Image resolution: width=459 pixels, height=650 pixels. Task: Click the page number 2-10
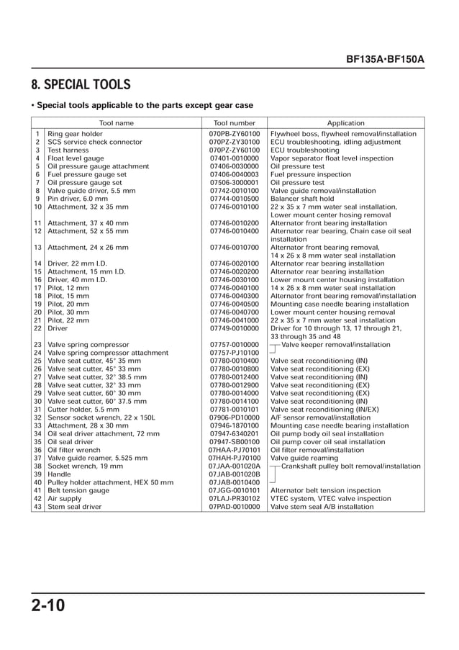click(x=49, y=605)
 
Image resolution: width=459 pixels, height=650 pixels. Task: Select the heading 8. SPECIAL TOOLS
click(x=81, y=85)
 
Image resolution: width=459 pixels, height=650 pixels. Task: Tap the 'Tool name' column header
click(x=117, y=123)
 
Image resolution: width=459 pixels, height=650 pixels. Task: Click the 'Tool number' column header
click(x=235, y=123)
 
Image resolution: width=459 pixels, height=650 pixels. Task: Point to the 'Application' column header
click(x=345, y=123)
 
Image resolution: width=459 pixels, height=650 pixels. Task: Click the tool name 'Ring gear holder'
click(x=75, y=134)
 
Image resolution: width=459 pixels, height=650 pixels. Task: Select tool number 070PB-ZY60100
click(x=235, y=134)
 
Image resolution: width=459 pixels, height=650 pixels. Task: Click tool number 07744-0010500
click(x=235, y=199)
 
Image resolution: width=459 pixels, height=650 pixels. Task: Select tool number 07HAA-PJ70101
click(x=235, y=450)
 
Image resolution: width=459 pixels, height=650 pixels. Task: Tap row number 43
click(x=37, y=507)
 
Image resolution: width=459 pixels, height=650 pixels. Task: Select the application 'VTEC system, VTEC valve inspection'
click(x=331, y=498)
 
